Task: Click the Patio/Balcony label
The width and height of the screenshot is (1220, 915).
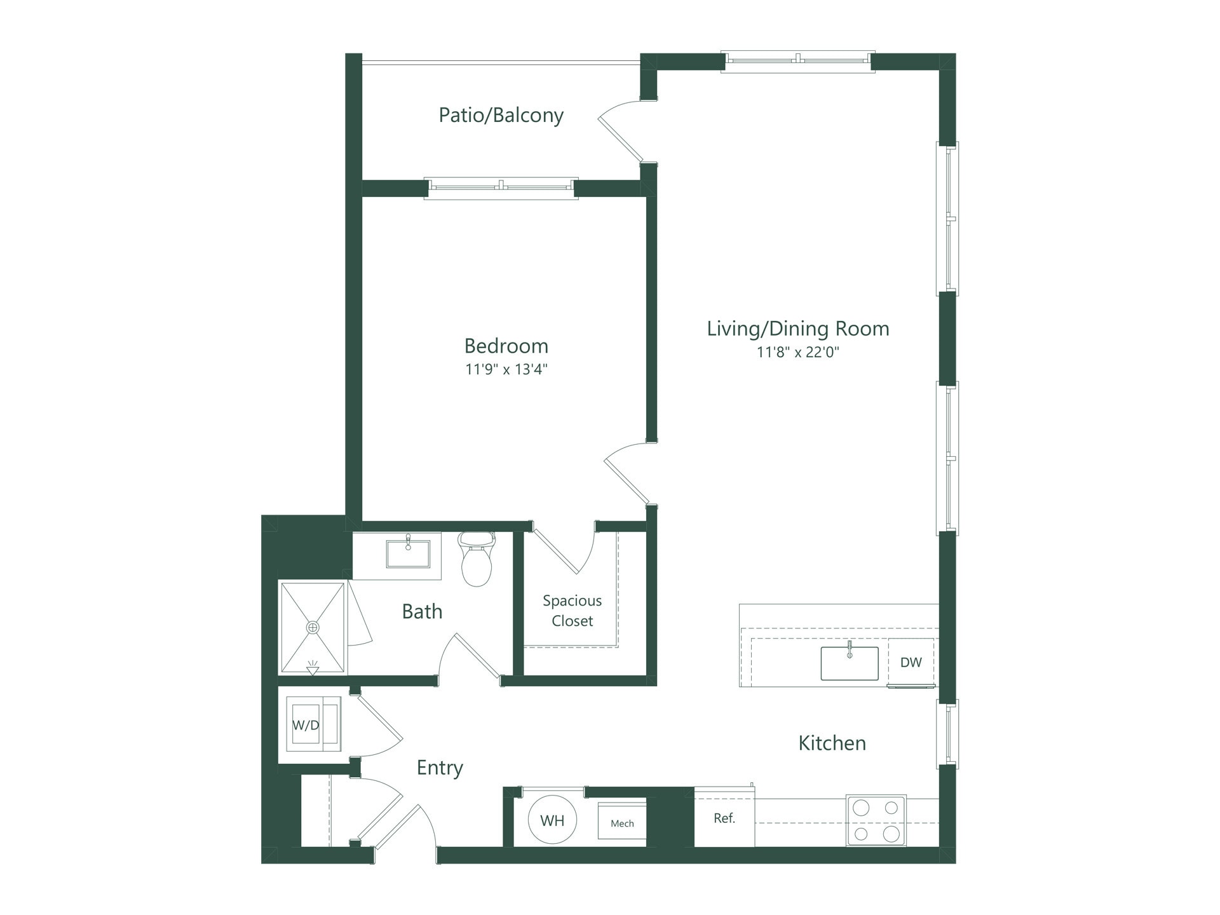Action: tap(501, 115)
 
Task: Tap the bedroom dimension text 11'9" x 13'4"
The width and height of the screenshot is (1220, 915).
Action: tap(506, 369)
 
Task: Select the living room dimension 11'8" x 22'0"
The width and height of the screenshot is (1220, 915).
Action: tap(797, 352)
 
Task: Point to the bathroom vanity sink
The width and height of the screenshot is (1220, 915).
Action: tap(408, 553)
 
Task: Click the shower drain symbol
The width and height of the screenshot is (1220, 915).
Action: tap(313, 627)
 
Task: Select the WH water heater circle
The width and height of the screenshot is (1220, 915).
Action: tap(552, 820)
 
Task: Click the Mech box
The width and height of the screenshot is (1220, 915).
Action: tap(622, 823)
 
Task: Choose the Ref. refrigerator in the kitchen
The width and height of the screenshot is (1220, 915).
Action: tap(724, 818)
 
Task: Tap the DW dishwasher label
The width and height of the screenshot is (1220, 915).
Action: tap(911, 662)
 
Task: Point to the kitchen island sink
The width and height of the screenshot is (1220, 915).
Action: tap(849, 663)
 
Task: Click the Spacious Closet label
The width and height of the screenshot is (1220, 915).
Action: tap(572, 611)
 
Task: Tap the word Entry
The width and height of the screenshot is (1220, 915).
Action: tap(440, 768)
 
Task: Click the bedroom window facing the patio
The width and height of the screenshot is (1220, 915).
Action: tap(501, 188)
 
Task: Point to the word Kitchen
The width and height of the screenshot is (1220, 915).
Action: tap(832, 743)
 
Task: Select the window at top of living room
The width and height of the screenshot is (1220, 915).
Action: tap(797, 61)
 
